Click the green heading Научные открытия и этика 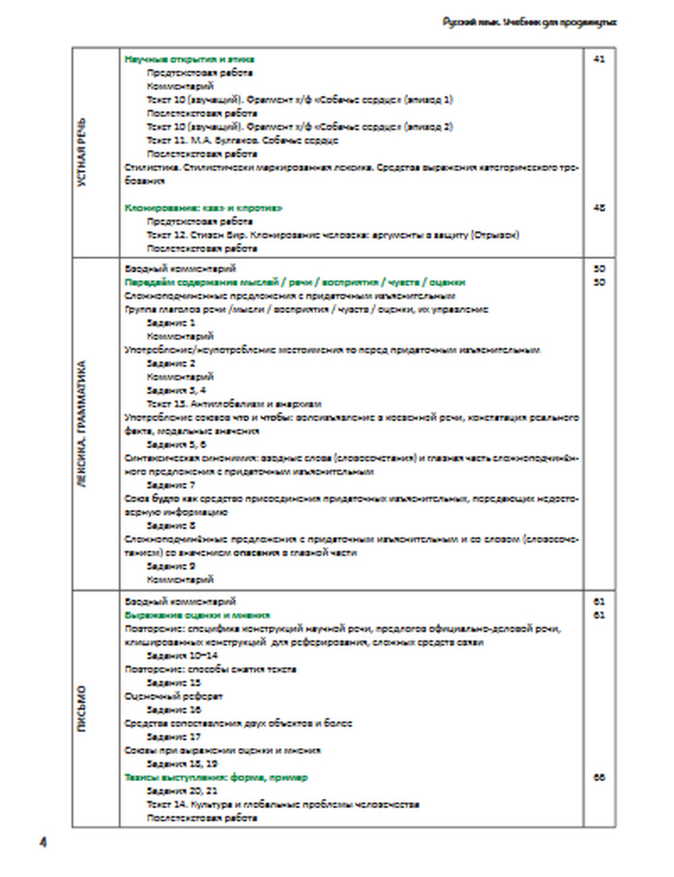coord(189,59)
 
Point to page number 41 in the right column coord(599,59)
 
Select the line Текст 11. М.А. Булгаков coord(242,140)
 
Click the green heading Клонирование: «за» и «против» coord(204,208)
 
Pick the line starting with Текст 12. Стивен coord(333,235)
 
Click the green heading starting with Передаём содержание coord(295,282)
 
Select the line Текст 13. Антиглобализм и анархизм coord(234,404)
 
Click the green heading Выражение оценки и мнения coord(197,615)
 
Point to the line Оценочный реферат coord(173,696)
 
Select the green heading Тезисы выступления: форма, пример coord(216,777)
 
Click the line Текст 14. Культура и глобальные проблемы coord(283,804)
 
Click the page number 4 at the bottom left coord(43,843)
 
